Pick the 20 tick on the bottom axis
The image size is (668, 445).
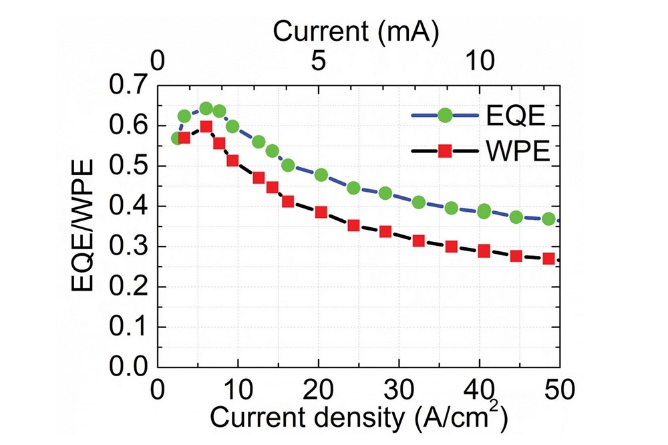click(x=319, y=389)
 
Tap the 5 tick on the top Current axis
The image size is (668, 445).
click(x=318, y=61)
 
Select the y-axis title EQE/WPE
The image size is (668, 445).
click(x=87, y=227)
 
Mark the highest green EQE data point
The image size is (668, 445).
click(x=206, y=109)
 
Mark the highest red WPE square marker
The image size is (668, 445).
click(x=206, y=127)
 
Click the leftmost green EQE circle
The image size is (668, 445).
click(x=176, y=138)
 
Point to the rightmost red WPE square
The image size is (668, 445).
click(x=548, y=258)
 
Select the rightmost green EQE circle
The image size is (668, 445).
click(x=548, y=218)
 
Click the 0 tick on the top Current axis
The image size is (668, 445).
click(x=158, y=61)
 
